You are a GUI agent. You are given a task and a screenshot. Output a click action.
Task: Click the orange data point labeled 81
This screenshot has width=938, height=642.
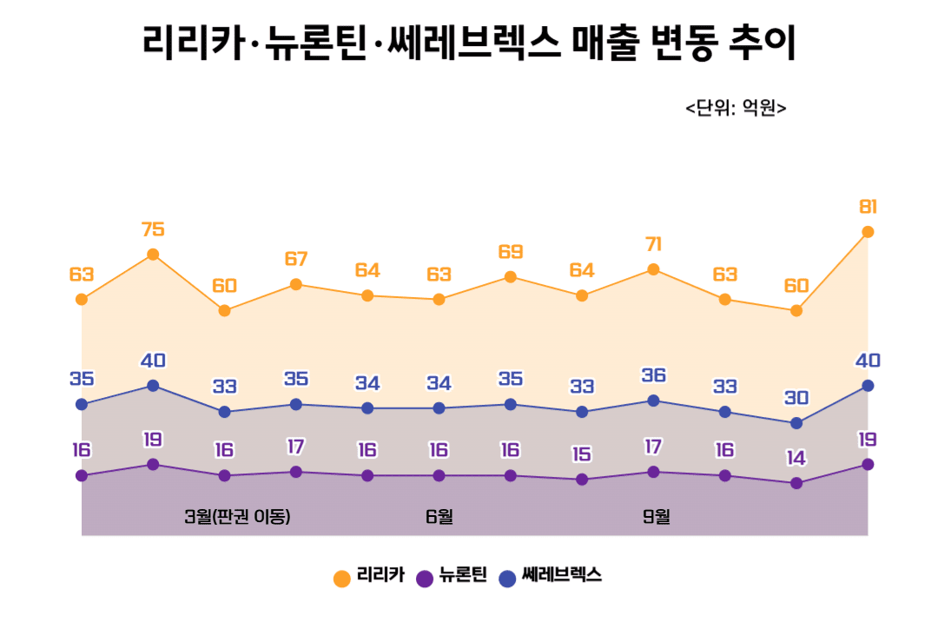coord(867,232)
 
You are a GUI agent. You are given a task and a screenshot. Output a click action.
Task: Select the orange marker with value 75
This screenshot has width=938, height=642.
coord(153,255)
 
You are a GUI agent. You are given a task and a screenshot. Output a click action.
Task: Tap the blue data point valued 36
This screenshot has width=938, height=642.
coord(653,400)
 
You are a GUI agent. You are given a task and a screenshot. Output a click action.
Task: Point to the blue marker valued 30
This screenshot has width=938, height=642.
coord(796,423)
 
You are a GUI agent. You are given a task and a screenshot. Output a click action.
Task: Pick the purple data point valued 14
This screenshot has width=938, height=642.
coord(796,483)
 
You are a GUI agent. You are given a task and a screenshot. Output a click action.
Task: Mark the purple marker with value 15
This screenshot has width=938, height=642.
coord(582,480)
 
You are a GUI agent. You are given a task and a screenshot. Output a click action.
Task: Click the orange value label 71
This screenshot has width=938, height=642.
coord(653,244)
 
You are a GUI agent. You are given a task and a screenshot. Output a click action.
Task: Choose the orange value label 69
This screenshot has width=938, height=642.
coord(511,252)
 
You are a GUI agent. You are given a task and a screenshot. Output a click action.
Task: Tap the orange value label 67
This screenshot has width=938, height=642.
coord(296,259)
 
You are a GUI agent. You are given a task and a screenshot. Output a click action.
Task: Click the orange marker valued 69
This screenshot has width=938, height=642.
coord(511,277)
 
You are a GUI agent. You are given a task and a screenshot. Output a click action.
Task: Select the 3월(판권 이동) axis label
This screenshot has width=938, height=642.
coord(237,517)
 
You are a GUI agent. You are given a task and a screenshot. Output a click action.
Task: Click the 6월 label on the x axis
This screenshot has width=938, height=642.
coord(439,517)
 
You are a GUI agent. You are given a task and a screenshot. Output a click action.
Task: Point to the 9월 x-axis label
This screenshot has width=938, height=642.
coord(657,517)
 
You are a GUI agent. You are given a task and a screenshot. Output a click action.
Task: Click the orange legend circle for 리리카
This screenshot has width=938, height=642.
coord(342,578)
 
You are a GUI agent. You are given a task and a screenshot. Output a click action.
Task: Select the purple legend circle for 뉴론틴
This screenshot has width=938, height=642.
coord(425,578)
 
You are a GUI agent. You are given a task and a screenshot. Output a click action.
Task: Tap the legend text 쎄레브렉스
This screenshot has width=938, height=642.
coord(562,576)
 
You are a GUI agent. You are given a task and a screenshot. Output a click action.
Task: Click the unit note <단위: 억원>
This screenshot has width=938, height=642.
coord(736,109)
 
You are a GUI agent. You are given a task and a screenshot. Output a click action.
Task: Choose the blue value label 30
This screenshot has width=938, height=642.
coord(796,398)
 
